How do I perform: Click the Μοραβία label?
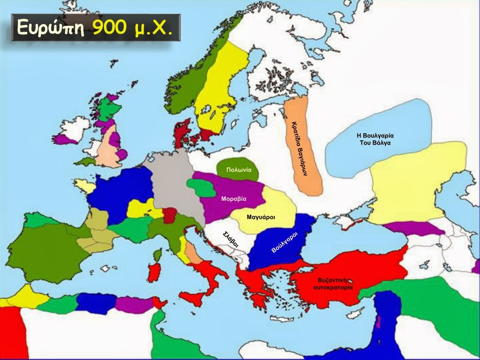point(233,199)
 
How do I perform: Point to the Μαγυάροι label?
point(261,217)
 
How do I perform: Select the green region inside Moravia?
point(201,188)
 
